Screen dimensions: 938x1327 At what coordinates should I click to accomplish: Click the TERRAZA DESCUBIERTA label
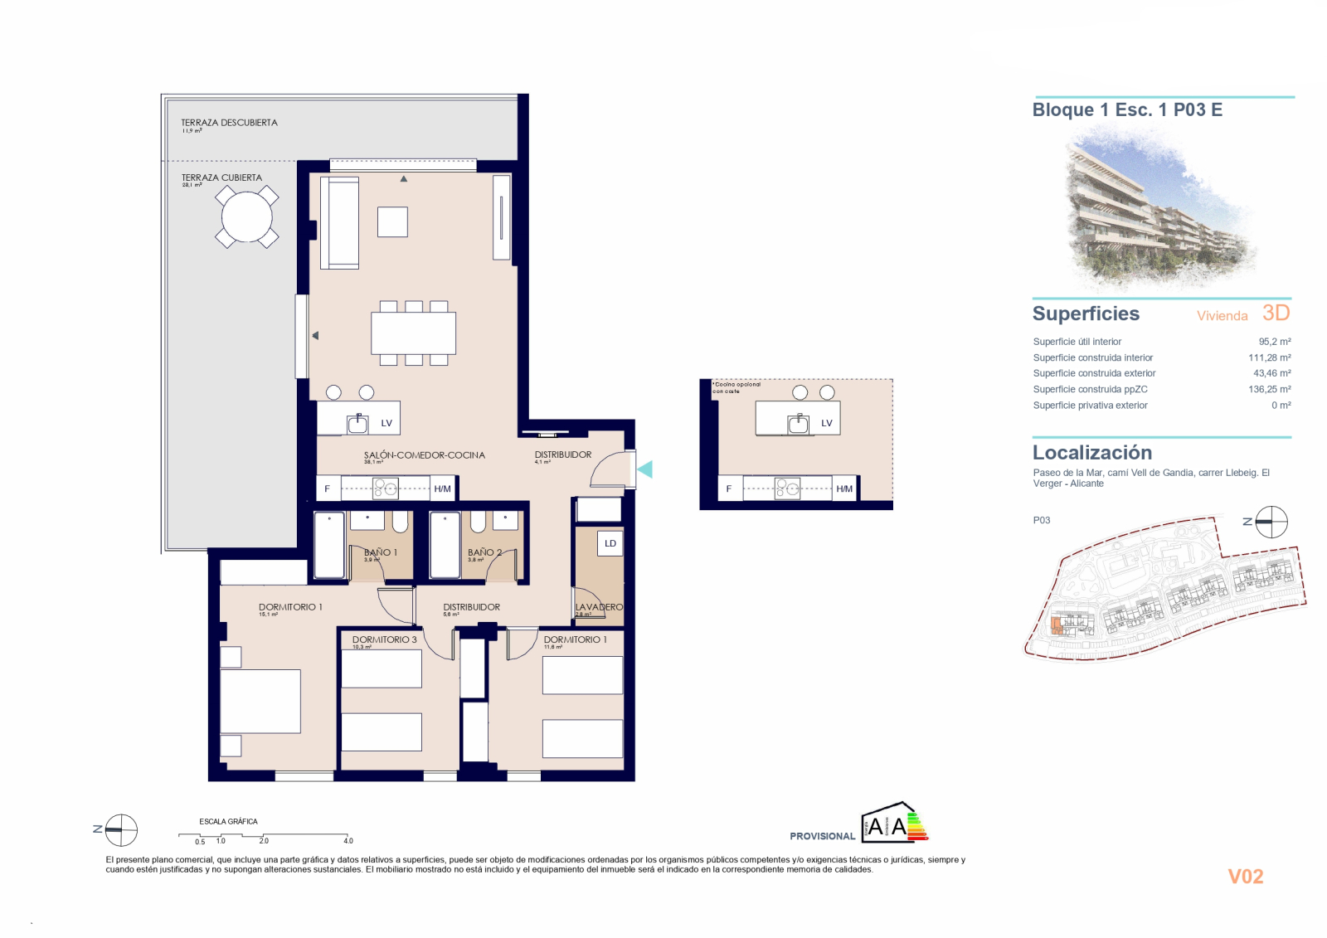229,123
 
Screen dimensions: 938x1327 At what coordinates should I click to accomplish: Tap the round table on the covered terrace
246,217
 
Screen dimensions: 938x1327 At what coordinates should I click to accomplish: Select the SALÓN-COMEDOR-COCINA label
424,455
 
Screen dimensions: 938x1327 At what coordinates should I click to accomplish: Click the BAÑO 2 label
484,552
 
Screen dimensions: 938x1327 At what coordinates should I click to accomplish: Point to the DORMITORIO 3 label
384,639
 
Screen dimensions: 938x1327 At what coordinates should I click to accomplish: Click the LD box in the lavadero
610,543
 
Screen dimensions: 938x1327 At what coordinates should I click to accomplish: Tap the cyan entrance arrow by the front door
645,469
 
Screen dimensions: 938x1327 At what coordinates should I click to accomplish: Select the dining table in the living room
413,333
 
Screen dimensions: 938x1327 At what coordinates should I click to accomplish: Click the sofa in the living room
340,222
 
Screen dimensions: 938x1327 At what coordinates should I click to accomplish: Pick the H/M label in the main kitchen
442,489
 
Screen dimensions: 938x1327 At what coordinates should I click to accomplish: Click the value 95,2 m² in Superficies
1274,342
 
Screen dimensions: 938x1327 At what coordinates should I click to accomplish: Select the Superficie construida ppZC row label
1090,389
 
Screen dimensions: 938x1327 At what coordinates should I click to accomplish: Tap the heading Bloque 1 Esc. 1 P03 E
1127,109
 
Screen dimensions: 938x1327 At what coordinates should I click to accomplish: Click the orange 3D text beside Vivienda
1276,313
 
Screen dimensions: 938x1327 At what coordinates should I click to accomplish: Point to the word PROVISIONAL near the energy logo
822,836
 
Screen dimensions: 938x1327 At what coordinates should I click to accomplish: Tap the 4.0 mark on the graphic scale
348,841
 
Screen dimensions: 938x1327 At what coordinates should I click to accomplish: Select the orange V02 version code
1245,877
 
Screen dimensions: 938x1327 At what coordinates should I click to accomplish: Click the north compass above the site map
1271,522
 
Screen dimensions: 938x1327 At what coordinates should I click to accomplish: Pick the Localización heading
1091,453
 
